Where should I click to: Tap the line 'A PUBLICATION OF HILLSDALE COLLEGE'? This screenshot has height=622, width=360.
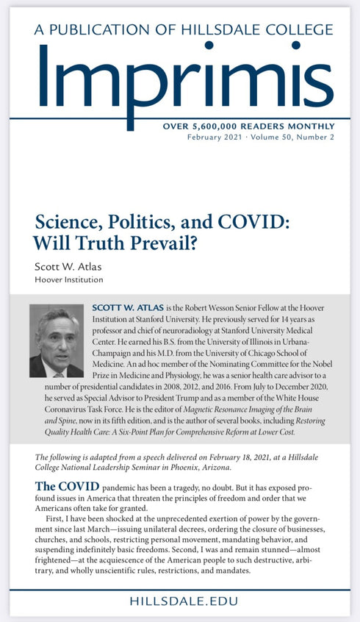click(179, 29)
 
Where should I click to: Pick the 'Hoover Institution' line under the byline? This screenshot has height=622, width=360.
click(68, 279)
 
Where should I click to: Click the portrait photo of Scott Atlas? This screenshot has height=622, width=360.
click(57, 341)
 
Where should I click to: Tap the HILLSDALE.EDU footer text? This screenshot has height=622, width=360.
click(180, 601)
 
